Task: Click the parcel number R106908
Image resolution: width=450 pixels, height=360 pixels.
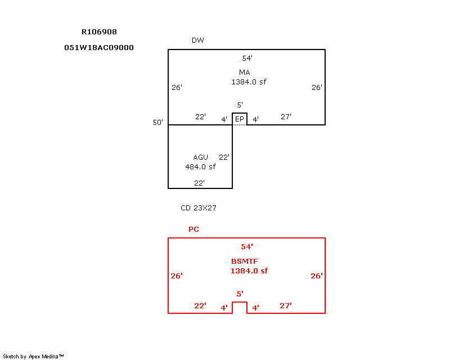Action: tap(99, 32)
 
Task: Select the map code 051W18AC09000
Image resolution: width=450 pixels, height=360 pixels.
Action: tap(99, 48)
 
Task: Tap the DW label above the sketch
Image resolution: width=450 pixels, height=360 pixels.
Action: tap(197, 40)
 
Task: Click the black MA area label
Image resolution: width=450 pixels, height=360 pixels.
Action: tap(244, 73)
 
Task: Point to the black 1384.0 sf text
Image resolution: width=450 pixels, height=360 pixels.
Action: tap(249, 82)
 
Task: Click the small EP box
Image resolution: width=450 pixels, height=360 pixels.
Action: tap(240, 119)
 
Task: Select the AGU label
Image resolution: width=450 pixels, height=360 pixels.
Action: tap(200, 157)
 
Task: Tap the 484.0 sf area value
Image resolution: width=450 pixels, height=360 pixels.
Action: tap(200, 166)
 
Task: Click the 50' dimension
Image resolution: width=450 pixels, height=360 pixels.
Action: tap(157, 122)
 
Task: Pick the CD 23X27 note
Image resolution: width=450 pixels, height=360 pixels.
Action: tap(199, 208)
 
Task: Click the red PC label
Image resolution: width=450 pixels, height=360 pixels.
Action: tap(193, 229)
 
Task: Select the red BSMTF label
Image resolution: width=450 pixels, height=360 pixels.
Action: tap(244, 262)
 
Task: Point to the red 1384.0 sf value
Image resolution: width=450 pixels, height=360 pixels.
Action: tap(249, 271)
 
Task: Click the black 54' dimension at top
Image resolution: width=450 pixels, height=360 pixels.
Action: tap(247, 58)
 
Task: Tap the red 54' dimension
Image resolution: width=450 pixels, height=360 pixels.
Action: tap(247, 247)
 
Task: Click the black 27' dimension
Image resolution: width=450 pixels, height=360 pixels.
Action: tap(286, 117)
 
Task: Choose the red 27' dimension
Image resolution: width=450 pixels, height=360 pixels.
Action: tap(286, 306)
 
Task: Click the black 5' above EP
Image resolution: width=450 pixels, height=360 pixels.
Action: tap(240, 105)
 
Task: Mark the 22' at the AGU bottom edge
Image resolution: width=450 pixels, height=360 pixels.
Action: tap(199, 183)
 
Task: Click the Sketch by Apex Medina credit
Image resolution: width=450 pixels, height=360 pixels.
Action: tap(33, 356)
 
